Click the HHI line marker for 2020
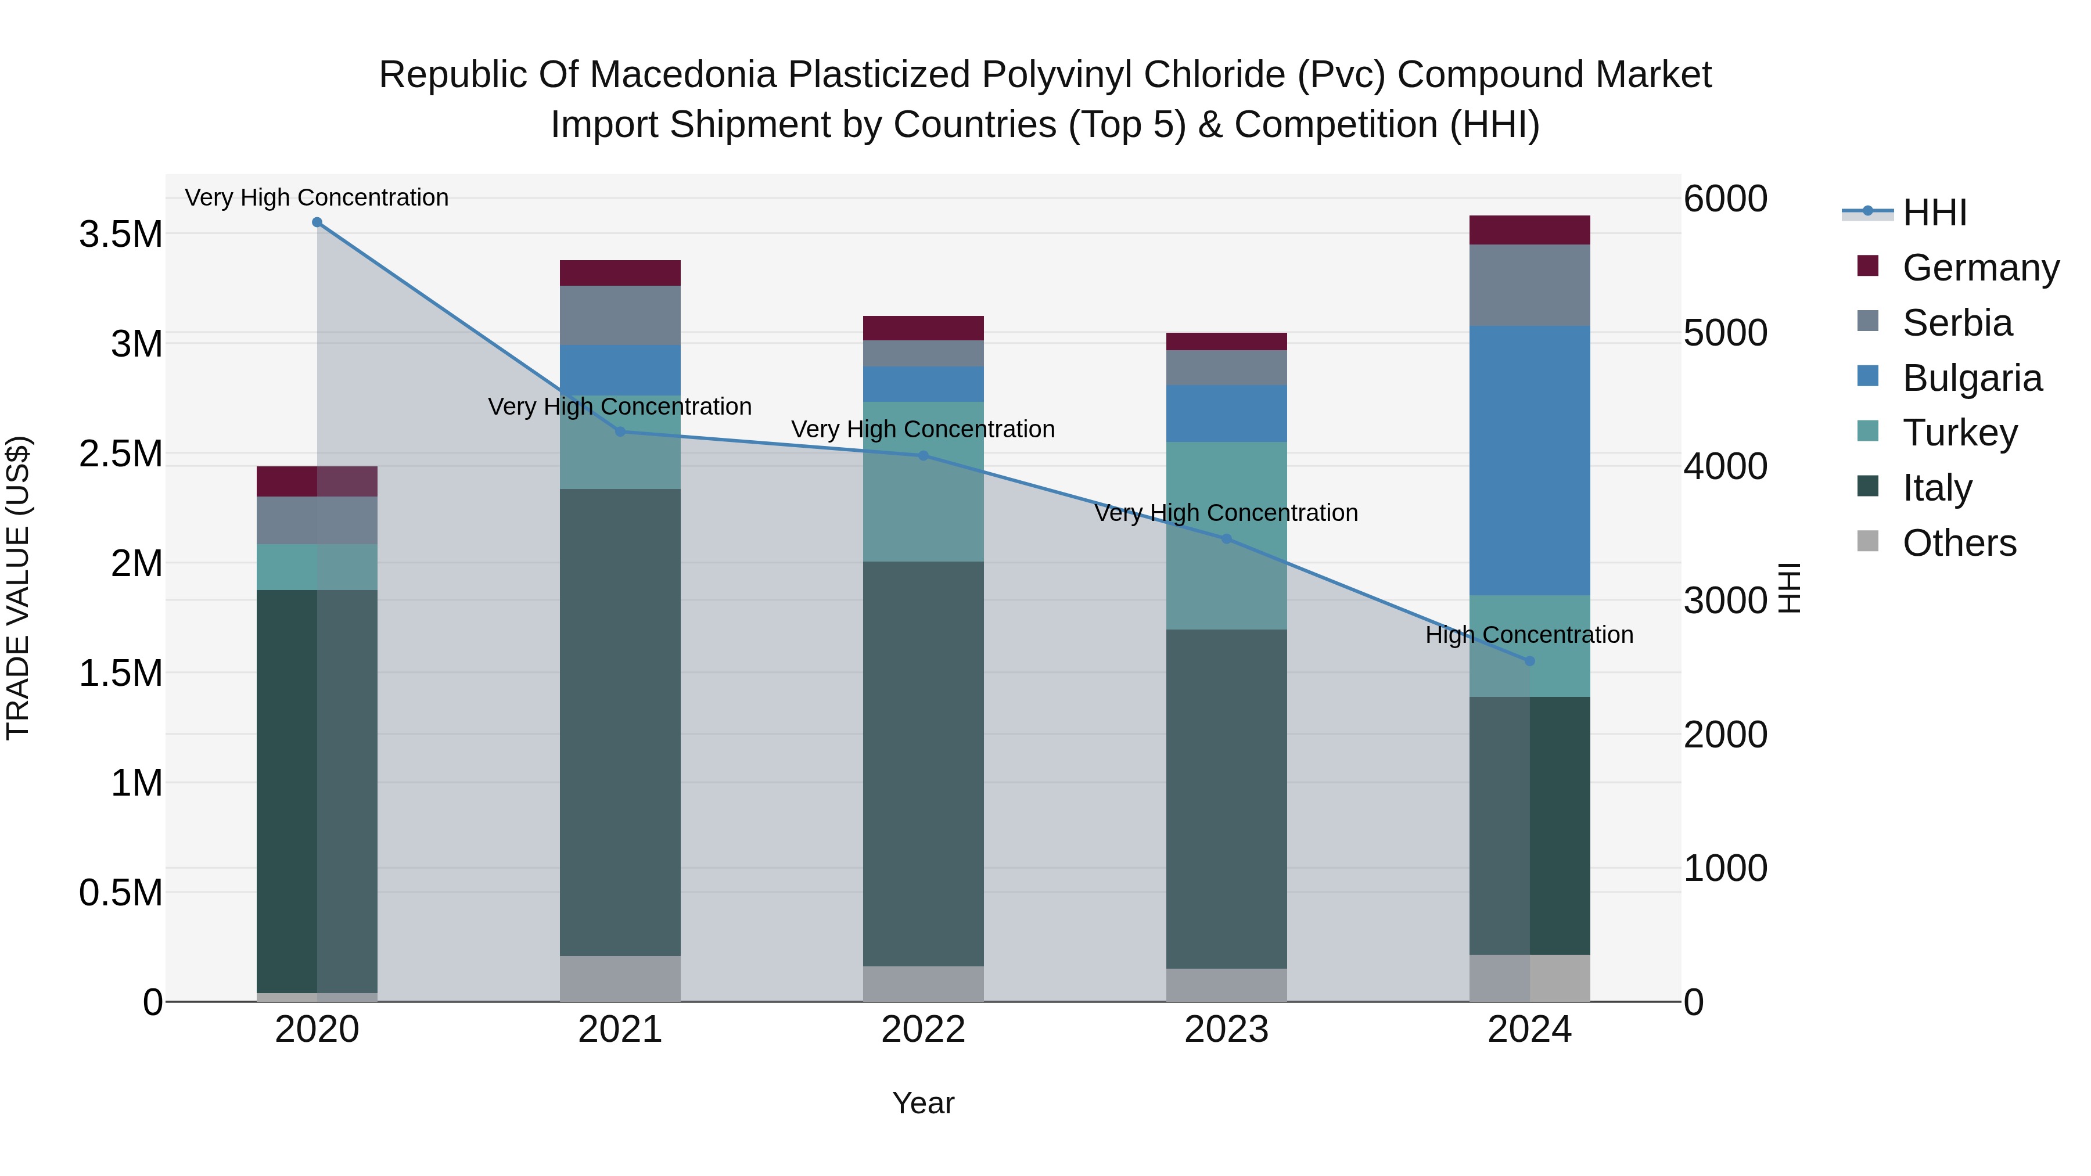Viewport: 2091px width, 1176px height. tap(317, 222)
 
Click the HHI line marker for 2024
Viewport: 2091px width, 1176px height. tap(1529, 661)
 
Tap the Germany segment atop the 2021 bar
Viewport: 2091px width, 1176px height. tap(620, 273)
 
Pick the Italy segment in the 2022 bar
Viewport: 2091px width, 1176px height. tap(923, 763)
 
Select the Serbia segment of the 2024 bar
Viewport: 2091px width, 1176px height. tap(1529, 285)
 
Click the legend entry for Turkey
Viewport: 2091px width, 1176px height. tap(1959, 433)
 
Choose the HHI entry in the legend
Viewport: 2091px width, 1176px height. tap(1934, 213)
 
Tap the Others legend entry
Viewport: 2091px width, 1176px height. tap(1958, 543)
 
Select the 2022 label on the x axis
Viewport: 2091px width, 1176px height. tap(923, 1030)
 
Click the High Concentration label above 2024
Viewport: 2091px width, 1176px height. tap(1529, 635)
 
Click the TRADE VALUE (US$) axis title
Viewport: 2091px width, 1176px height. tap(18, 588)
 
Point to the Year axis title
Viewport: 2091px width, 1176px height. tap(923, 1103)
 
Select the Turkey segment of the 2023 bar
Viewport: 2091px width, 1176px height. tap(1227, 535)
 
